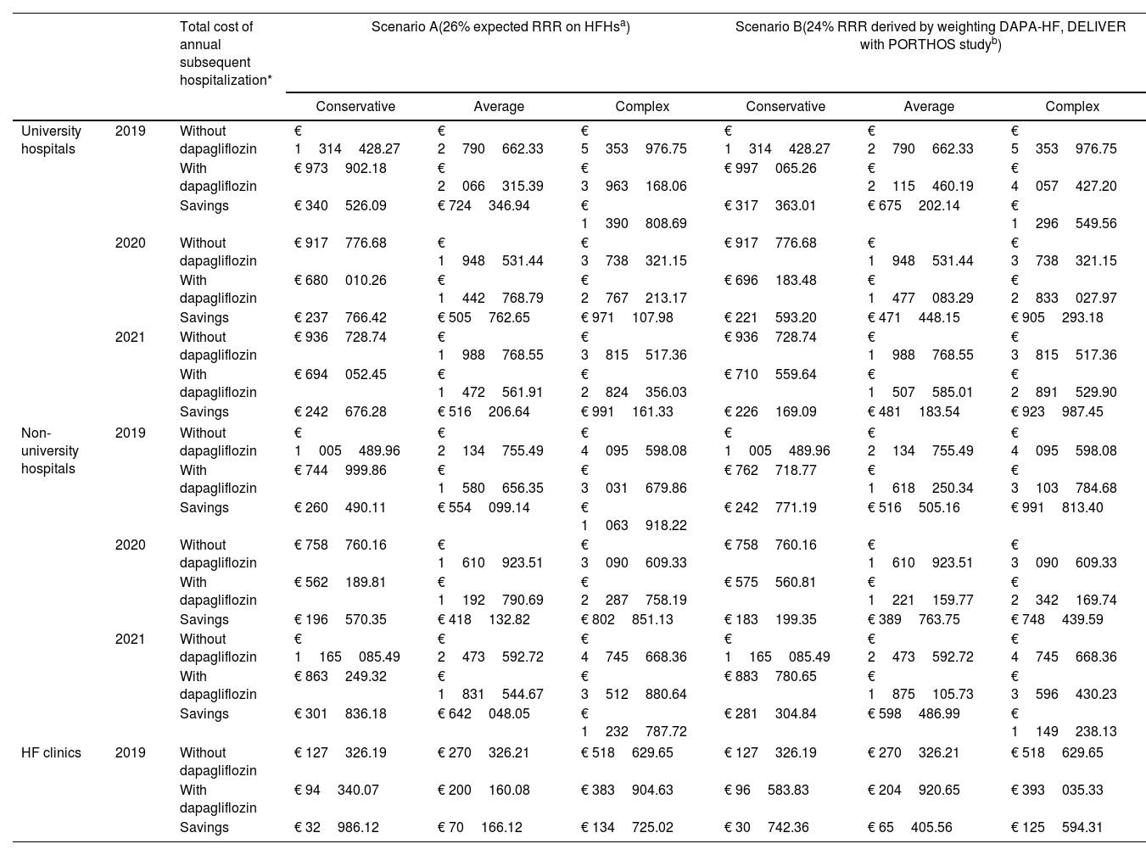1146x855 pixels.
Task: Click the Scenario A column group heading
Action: click(x=500, y=27)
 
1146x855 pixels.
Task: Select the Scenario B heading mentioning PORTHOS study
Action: click(x=930, y=36)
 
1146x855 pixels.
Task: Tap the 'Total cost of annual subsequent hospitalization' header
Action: click(x=226, y=53)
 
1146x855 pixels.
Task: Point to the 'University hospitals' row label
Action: click(x=51, y=140)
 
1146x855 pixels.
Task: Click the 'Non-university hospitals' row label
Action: click(x=49, y=450)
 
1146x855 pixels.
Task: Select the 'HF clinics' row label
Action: click(x=51, y=752)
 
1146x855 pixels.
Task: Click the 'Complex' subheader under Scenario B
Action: click(x=1072, y=107)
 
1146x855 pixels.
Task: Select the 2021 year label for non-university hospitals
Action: click(x=131, y=639)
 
